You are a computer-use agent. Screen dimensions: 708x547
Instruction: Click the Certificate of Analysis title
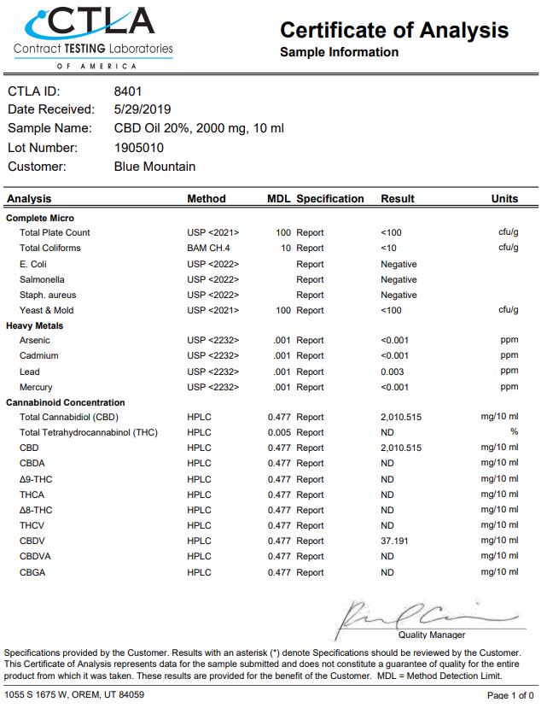pos(394,30)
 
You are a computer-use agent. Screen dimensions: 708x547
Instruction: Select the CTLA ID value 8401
pos(128,91)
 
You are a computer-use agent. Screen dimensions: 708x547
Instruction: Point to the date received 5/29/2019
pos(143,109)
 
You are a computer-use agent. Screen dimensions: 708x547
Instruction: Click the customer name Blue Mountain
pos(154,167)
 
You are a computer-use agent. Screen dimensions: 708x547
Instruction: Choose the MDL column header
pos(279,199)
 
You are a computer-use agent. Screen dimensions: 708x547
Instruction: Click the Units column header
pos(504,199)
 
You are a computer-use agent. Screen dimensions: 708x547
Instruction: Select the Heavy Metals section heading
pos(35,325)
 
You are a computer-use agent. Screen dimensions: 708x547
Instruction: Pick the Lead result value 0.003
pos(393,372)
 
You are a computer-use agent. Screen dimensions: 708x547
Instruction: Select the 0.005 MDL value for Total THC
pos(279,432)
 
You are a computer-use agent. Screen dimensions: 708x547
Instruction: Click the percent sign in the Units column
pos(514,432)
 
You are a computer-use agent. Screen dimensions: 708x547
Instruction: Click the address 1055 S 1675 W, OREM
pos(74,695)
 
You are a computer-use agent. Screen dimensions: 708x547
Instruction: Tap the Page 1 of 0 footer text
pos(510,695)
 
